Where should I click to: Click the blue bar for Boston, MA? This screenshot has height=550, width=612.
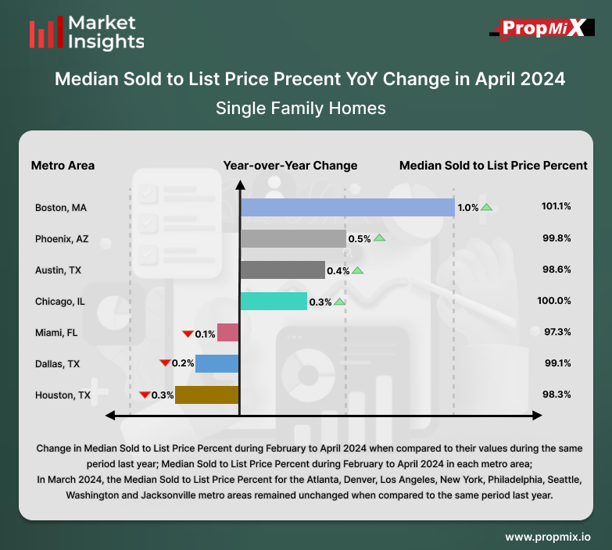pos(347,207)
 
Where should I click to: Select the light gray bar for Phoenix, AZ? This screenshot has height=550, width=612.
pos(293,238)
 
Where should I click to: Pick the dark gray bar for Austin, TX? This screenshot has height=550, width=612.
pos(282,270)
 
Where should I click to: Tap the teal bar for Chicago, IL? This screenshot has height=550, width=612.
pos(274,301)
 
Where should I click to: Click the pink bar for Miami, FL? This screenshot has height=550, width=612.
pos(227,333)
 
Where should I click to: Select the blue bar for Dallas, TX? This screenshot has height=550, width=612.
pos(217,363)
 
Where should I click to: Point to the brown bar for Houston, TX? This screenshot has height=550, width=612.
pos(207,395)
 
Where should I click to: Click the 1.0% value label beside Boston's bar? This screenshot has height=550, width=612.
pos(468,208)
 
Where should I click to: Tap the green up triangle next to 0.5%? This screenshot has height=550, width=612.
pos(379,237)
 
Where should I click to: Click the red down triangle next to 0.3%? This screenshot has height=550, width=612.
pos(145,395)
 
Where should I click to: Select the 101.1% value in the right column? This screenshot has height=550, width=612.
pos(557,207)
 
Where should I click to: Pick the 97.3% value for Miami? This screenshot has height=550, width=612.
pos(557,333)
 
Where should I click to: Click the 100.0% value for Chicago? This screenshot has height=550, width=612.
pos(557,301)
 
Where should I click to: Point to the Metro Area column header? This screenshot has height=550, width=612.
pos(63,166)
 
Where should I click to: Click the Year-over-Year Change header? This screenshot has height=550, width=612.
pos(290,166)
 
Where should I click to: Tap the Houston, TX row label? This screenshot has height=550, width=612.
pos(63,395)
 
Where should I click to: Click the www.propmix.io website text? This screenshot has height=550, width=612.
pos(547,537)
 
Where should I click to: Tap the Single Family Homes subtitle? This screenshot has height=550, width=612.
pos(301,108)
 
